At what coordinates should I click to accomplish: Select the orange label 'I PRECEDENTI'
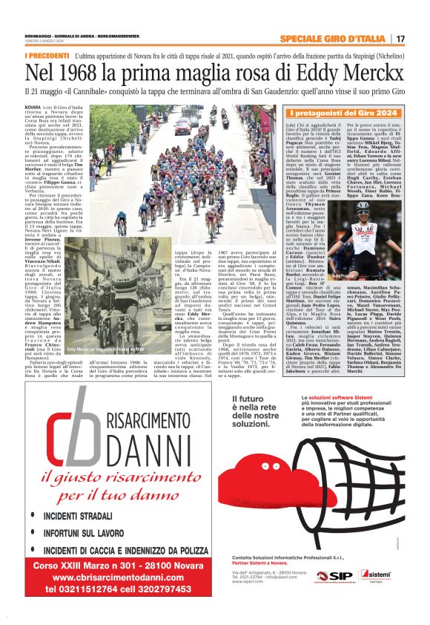coord(46,56)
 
